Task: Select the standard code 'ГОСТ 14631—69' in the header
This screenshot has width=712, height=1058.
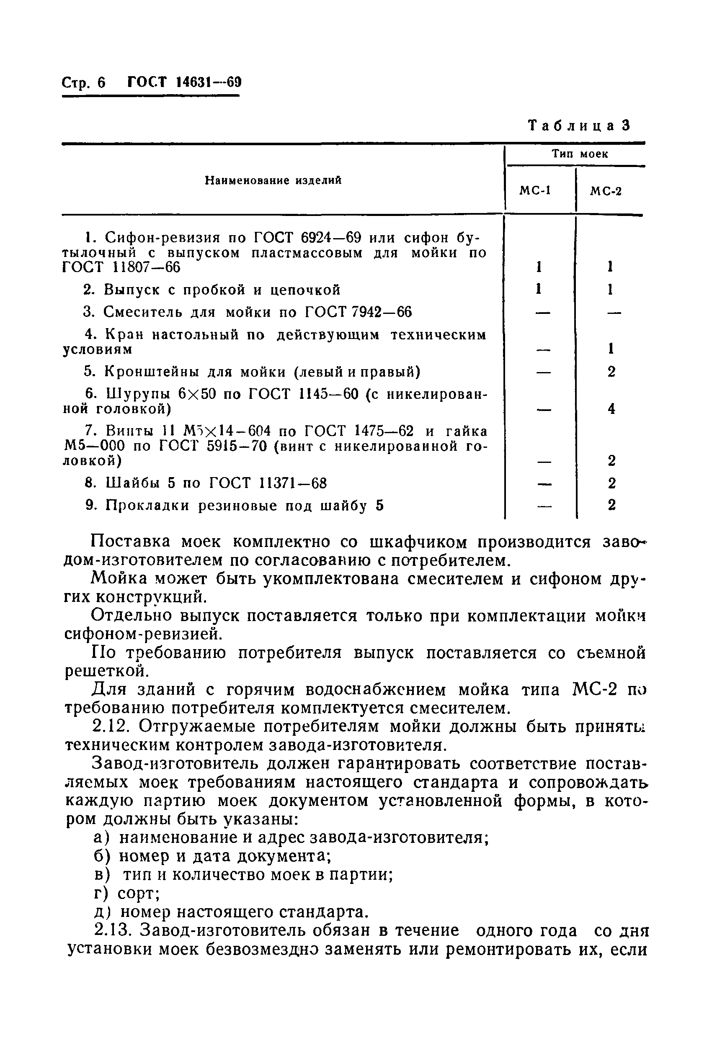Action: point(184,82)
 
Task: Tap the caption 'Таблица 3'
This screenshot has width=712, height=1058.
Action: point(579,126)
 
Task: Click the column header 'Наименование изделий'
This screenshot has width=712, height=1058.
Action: point(273,180)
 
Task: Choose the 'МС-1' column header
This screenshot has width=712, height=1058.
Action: point(535,191)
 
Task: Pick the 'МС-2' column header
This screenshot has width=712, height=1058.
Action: point(605,191)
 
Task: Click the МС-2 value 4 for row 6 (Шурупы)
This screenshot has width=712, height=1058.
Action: point(611,409)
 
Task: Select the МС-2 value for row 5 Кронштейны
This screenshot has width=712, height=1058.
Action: point(611,372)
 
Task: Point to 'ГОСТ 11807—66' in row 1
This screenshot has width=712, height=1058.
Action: point(121,268)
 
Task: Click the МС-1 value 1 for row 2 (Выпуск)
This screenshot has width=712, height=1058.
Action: point(539,290)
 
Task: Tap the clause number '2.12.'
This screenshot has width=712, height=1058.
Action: point(111,727)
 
